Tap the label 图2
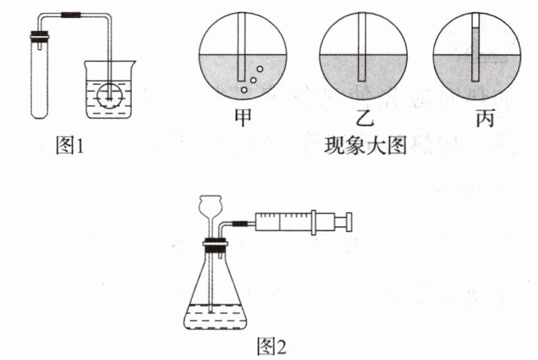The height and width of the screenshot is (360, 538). pos(271,346)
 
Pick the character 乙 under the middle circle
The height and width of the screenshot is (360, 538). pos(364,119)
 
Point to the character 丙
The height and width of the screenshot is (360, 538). pos(477,119)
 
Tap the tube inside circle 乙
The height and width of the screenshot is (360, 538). pos(362,56)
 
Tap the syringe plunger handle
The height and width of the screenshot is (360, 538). pos(344,221)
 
